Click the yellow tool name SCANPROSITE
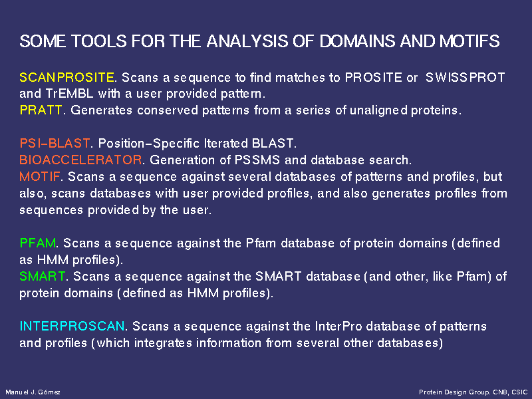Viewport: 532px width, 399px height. pyautogui.click(x=67, y=77)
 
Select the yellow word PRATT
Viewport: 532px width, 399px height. pyautogui.click(x=41, y=110)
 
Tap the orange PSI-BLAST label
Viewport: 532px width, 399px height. pyautogui.click(x=55, y=143)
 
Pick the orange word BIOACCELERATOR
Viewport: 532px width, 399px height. pyautogui.click(x=80, y=160)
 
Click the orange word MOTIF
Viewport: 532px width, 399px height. pyautogui.click(x=40, y=176)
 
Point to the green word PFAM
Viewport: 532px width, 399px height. pyautogui.click(x=38, y=243)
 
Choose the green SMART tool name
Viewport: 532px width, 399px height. pyautogui.click(x=43, y=276)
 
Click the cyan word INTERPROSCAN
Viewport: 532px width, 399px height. pyautogui.click(x=72, y=326)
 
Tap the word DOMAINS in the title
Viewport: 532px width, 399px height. pyautogui.click(x=357, y=41)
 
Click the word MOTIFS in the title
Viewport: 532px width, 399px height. pyautogui.click(x=469, y=41)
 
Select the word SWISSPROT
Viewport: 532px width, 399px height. pyautogui.click(x=465, y=77)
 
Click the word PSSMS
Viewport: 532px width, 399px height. pyautogui.click(x=257, y=160)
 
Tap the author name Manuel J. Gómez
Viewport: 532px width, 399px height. pyautogui.click(x=33, y=392)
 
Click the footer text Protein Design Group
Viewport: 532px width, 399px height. pyautogui.click(x=454, y=392)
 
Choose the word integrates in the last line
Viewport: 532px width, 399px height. pyautogui.click(x=163, y=342)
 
